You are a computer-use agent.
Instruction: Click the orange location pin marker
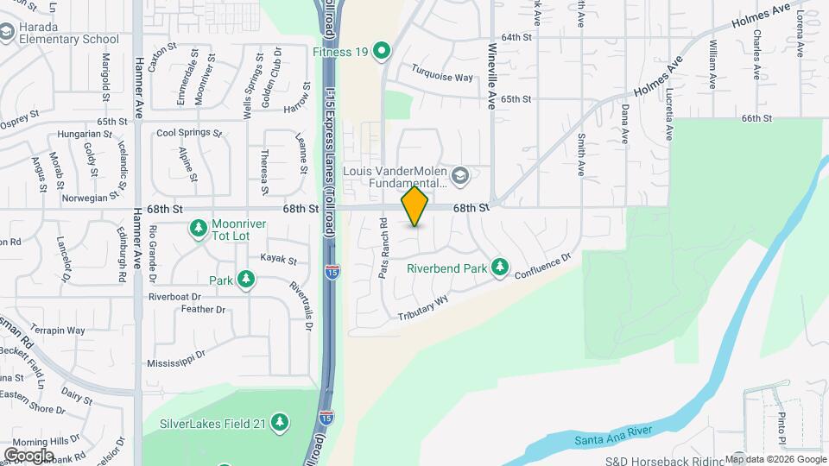click(x=414, y=206)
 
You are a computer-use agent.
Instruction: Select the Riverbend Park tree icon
click(x=499, y=268)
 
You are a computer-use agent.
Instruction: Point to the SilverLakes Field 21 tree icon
click(x=279, y=423)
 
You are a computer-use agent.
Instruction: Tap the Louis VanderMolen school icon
click(x=460, y=175)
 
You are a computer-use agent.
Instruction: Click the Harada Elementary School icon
click(x=8, y=32)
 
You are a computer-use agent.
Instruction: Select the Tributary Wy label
click(x=424, y=308)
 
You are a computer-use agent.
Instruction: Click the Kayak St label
click(x=279, y=259)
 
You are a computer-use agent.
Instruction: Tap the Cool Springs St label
click(x=189, y=134)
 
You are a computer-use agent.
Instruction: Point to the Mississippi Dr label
click(x=176, y=360)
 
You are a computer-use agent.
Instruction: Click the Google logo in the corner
click(x=28, y=455)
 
